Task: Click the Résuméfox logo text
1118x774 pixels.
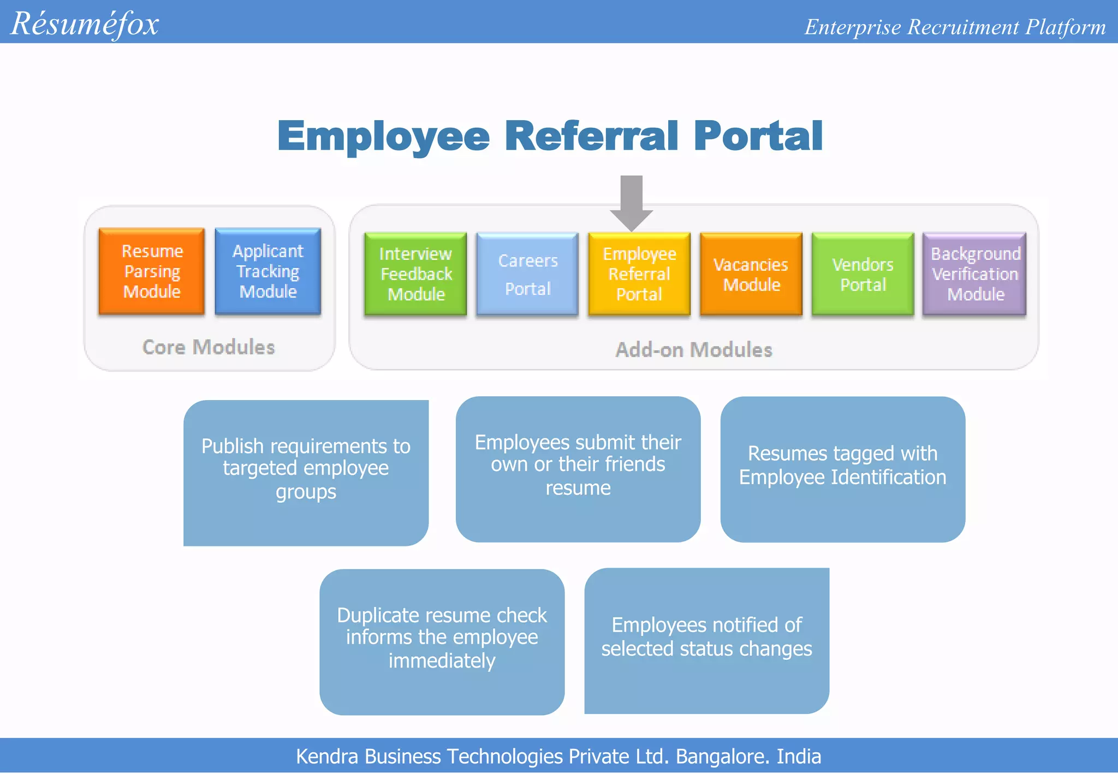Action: (85, 24)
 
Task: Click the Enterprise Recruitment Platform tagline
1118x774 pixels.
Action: (955, 27)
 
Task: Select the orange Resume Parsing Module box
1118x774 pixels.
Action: (152, 271)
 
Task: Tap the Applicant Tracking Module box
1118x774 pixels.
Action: (267, 271)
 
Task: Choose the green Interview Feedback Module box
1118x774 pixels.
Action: (415, 274)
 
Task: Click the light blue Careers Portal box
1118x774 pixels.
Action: (527, 274)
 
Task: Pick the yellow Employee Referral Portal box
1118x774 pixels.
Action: (639, 274)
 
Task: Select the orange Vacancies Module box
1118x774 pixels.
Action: (751, 274)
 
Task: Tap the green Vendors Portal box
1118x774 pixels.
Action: (863, 274)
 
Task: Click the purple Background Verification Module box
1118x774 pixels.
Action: (975, 274)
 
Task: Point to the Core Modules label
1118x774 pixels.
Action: (209, 347)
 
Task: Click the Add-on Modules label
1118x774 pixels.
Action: (694, 350)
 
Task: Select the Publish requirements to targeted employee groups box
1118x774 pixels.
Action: (306, 472)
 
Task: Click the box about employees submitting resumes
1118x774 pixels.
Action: (578, 468)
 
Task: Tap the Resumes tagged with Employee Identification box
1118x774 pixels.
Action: (843, 468)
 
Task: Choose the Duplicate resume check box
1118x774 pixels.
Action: (442, 641)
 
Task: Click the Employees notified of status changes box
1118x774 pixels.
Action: (706, 640)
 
